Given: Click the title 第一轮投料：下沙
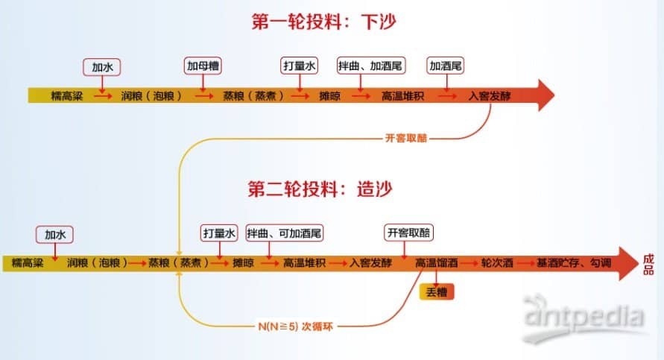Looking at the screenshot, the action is [324, 21].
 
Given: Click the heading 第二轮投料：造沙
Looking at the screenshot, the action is [320, 189].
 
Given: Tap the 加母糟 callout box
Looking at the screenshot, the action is [203, 66].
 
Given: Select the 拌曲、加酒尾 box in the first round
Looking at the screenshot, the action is [371, 66].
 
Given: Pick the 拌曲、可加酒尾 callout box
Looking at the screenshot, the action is [285, 233].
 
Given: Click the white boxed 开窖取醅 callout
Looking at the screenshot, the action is [408, 233].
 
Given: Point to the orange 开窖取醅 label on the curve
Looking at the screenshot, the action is [406, 138].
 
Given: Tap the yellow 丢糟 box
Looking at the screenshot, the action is [437, 292].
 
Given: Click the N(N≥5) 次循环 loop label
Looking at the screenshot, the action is [295, 326].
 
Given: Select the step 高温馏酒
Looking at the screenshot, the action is [436, 263].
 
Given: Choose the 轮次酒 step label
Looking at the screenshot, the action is [497, 263].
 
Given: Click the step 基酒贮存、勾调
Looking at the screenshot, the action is [574, 263].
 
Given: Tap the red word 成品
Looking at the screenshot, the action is [648, 265].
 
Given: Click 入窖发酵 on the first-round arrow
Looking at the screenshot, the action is [490, 96].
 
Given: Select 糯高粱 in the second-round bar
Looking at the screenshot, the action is [28, 263].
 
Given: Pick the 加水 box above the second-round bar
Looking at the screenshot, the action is [54, 235].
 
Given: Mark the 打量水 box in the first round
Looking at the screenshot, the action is [300, 66].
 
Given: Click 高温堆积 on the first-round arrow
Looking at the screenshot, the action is [402, 96].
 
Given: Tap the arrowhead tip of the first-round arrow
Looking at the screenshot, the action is [554, 95].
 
